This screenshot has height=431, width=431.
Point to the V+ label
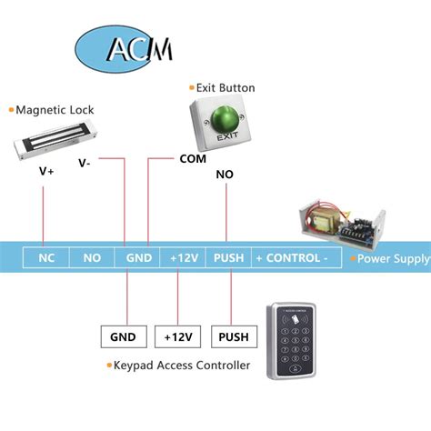45,171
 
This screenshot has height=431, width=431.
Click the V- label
85,164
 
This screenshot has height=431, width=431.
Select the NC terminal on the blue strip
46,258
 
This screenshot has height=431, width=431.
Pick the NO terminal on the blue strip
92,258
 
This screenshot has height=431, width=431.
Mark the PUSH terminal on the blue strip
228,258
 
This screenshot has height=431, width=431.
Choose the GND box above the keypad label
123,337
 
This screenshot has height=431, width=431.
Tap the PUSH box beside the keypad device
232,337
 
